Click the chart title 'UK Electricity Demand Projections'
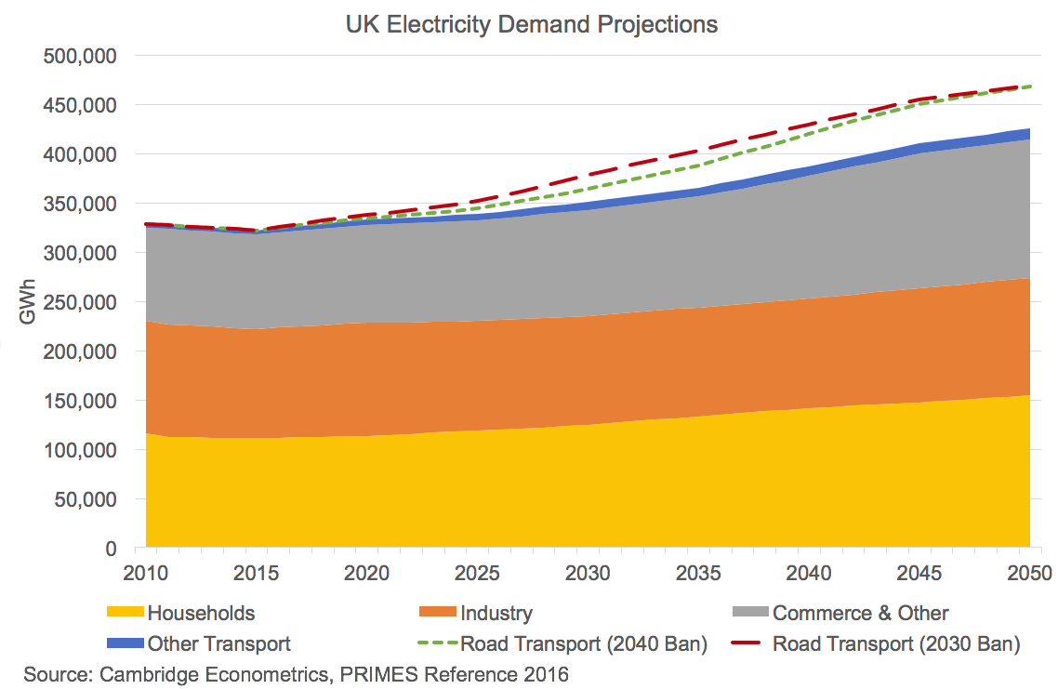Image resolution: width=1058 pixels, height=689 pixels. pos(531,25)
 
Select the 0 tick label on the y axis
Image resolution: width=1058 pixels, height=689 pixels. pos(110,549)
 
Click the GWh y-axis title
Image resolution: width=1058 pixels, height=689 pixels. pos(29,302)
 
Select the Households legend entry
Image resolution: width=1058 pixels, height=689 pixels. pos(201,613)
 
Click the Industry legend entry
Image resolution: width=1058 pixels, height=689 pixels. pos(496,613)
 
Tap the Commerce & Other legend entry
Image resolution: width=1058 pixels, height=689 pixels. pos(860,613)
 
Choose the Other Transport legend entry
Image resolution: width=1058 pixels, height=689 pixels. pos(219,643)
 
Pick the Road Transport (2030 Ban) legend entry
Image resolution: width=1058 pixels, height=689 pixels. pos(896,643)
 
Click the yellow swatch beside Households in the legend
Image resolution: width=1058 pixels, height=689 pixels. pos(126,613)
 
